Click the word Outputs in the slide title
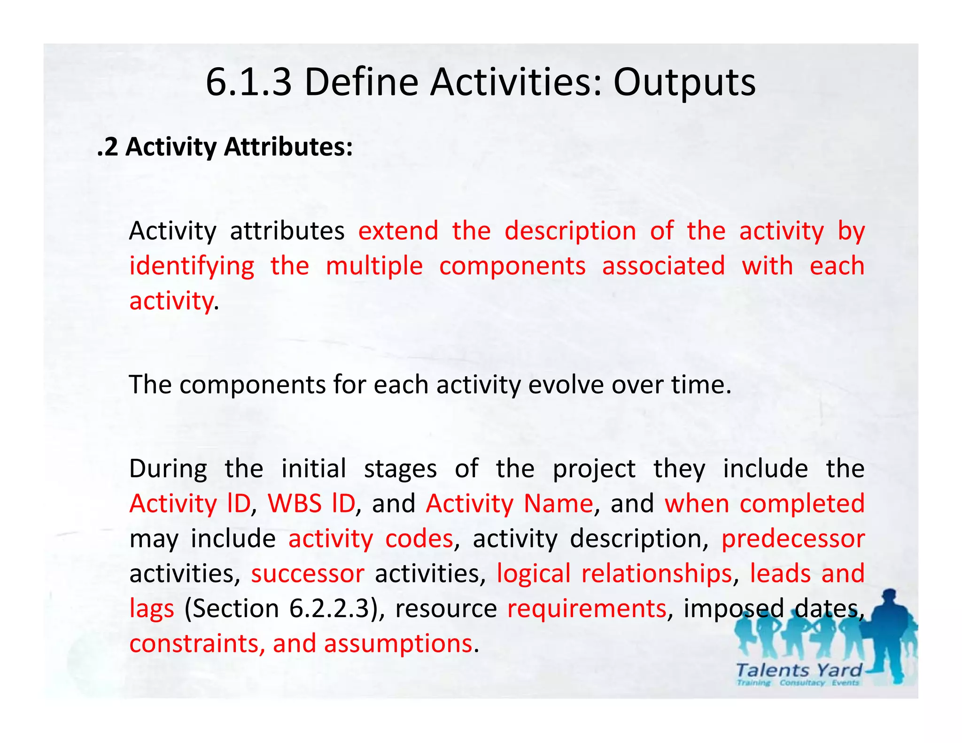(x=684, y=83)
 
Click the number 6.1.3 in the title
(x=248, y=83)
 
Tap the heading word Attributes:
(x=288, y=147)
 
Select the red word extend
(x=398, y=231)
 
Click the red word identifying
(x=192, y=266)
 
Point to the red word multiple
(x=374, y=266)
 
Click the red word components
(x=512, y=266)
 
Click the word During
(x=168, y=469)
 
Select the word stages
(x=400, y=469)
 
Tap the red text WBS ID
(x=311, y=503)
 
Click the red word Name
(x=558, y=503)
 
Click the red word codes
(x=419, y=539)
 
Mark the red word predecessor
(x=793, y=539)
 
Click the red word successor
(x=307, y=573)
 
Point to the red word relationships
(x=656, y=573)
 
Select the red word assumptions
(x=397, y=643)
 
